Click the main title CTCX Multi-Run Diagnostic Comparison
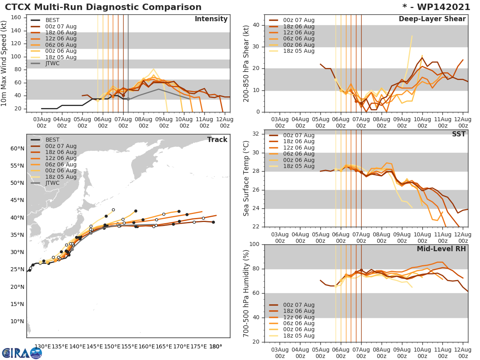pyautogui.click(x=103, y=7)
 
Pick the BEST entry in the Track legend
pyautogui.click(x=52, y=140)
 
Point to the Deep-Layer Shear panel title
pyautogui.click(x=432, y=19)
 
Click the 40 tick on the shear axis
pyautogui.click(x=256, y=25)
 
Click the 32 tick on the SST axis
pyautogui.click(x=256, y=134)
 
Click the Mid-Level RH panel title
pyautogui.click(x=441, y=249)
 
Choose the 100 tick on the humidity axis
pyautogui.click(x=254, y=244)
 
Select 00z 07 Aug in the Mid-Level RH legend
pyautogui.click(x=298, y=305)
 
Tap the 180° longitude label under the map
pyautogui.click(x=216, y=346)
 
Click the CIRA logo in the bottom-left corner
pyautogui.click(x=22, y=353)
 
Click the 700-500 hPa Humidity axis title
pyautogui.click(x=246, y=293)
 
